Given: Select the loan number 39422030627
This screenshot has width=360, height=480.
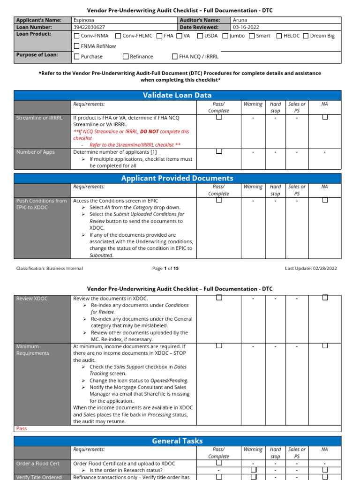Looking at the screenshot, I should tap(89, 27).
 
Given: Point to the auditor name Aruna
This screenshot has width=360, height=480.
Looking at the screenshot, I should tap(240, 20).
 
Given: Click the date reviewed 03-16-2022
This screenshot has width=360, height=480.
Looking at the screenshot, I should tap(246, 27).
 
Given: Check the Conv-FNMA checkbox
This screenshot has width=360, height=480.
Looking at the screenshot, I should tap(77, 36).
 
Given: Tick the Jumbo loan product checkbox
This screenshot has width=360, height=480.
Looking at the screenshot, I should tap(225, 36).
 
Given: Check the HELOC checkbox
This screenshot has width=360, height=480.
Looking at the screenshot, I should tap(279, 36).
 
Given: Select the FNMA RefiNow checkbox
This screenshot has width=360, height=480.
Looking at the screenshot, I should tap(77, 46).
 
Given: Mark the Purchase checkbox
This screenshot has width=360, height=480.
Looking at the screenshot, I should tap(77, 56).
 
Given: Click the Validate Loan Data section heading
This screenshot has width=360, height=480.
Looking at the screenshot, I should tap(177, 95).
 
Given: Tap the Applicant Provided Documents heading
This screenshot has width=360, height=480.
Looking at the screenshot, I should tap(177, 178).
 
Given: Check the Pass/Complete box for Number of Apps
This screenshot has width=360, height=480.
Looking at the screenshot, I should tap(218, 152).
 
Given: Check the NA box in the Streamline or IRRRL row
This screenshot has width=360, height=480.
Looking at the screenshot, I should tap(324, 118).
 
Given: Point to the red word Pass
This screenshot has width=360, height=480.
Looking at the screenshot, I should tap(22, 428).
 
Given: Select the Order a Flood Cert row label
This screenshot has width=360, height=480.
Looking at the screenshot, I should tap(38, 464).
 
